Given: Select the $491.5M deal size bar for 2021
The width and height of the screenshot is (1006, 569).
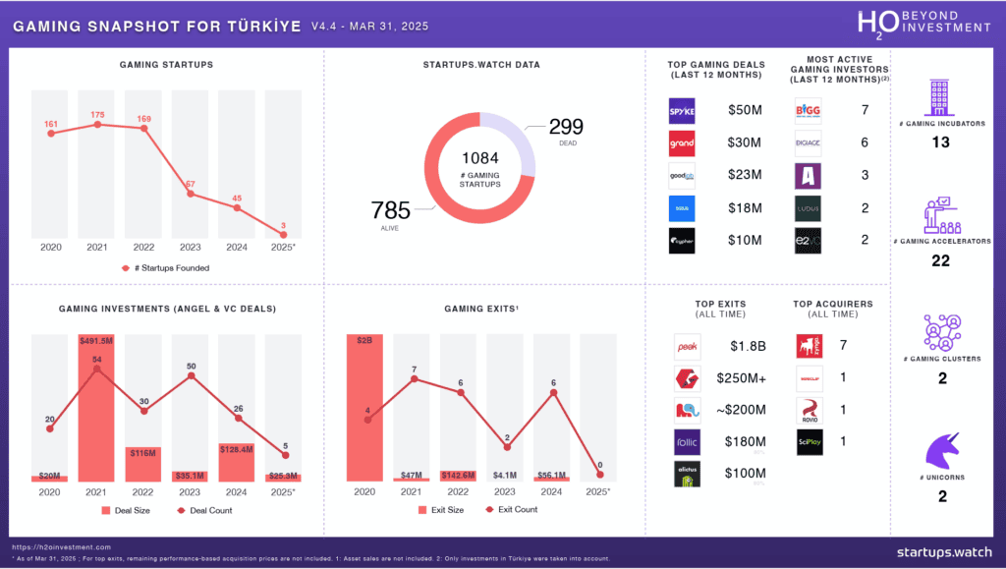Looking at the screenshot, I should point(97,408).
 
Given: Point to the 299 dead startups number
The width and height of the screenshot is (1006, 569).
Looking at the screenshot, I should point(566,127).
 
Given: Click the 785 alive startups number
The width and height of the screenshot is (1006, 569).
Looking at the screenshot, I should point(390,209).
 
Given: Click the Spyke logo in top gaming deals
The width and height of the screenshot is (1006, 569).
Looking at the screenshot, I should point(682,110).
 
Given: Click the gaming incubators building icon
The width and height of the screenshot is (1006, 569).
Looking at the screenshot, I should point(941,98).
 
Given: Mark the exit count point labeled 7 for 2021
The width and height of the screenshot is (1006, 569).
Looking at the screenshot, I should point(415,377).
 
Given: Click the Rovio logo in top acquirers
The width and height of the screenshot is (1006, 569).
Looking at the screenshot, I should point(809,410).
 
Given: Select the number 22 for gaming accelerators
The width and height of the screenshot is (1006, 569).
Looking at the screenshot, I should point(941,260).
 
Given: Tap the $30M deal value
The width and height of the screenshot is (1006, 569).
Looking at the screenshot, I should point(743,143).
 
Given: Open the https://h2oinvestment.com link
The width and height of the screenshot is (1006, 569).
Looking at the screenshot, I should point(61,546).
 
